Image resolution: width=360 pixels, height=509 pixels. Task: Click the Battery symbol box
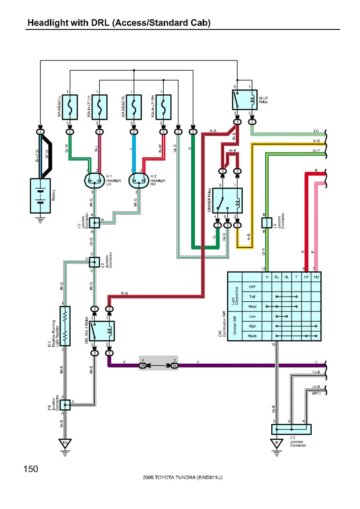click(x=40, y=195)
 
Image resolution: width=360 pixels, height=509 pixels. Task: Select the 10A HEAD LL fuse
click(x=70, y=107)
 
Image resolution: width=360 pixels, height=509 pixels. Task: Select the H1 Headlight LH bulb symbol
click(x=93, y=180)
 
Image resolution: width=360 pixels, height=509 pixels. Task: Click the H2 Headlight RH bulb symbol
click(x=137, y=180)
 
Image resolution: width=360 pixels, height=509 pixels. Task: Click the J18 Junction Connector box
click(x=65, y=404)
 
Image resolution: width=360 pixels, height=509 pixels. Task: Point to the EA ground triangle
click(x=65, y=443)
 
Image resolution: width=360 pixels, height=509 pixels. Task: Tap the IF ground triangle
click(x=276, y=443)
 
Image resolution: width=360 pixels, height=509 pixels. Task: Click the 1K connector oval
click(x=143, y=365)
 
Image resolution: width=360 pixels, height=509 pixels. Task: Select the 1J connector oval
click(x=174, y=365)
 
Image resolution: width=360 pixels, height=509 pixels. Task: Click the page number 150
click(x=31, y=469)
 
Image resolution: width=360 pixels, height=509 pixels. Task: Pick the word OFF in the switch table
click(x=252, y=286)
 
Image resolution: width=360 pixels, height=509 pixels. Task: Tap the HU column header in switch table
click(x=316, y=277)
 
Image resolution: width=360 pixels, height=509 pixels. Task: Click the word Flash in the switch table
click(x=252, y=336)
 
